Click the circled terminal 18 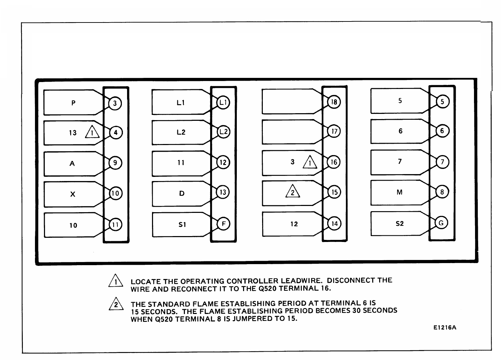[x=334, y=102]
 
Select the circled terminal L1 [x=223, y=102]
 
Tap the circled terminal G [x=441, y=223]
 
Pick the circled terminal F [x=223, y=224]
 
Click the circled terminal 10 [x=115, y=193]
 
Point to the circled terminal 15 [x=334, y=192]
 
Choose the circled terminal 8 [x=442, y=192]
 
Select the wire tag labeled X [x=73, y=194]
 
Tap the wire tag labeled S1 [x=182, y=225]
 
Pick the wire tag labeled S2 [x=400, y=224]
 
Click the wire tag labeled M [x=400, y=192]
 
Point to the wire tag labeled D [x=182, y=193]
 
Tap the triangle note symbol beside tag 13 [x=92, y=133]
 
